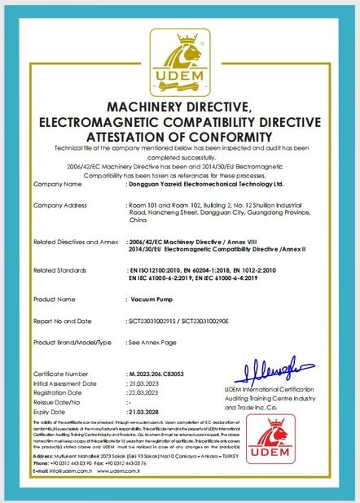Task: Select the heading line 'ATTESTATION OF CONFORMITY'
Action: pyautogui.click(x=180, y=136)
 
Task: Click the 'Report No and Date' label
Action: pyautogui.click(x=62, y=321)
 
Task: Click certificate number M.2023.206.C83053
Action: pyautogui.click(x=163, y=374)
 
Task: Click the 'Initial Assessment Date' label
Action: pyautogui.click(x=66, y=383)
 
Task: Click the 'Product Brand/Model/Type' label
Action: pyautogui.click(x=72, y=343)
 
